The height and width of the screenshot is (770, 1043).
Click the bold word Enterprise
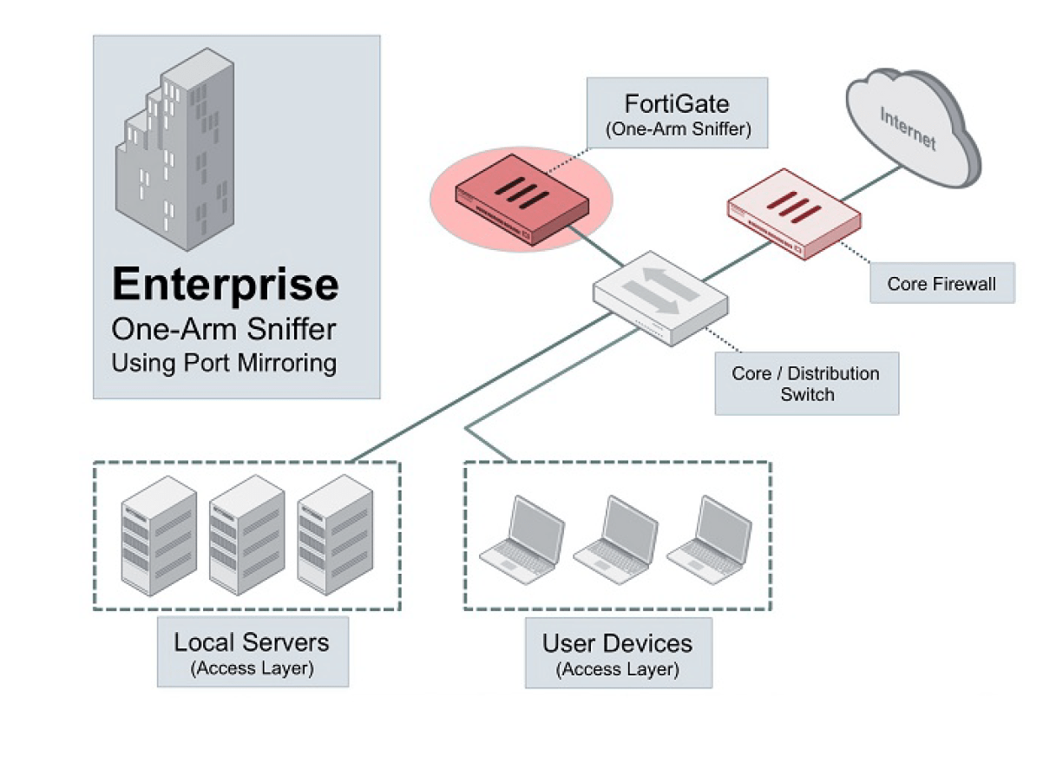click(x=226, y=285)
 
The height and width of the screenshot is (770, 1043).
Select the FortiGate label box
click(x=677, y=113)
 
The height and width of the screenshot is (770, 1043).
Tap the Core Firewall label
click(x=941, y=283)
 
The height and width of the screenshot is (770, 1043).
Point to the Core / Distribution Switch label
click(x=806, y=384)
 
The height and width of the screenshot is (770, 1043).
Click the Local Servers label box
click(x=252, y=652)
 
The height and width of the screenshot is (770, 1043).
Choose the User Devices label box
click(x=618, y=653)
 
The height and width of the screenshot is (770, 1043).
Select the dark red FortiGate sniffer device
click(x=521, y=199)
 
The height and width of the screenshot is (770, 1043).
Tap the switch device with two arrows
click(x=660, y=297)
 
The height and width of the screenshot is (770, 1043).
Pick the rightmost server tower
click(x=334, y=535)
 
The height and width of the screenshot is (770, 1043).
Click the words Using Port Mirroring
click(x=224, y=362)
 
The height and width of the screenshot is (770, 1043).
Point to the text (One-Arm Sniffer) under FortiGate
click(x=677, y=131)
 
